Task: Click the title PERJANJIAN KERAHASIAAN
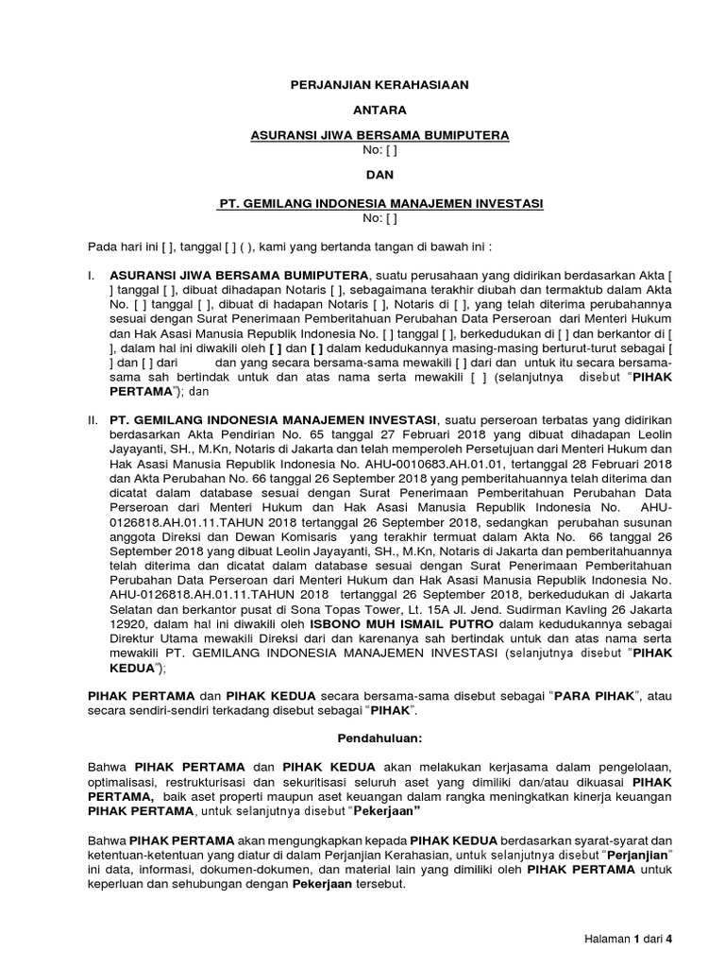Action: pyautogui.click(x=378, y=85)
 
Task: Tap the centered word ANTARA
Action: pyautogui.click(x=378, y=110)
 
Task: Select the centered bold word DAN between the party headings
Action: pyautogui.click(x=378, y=175)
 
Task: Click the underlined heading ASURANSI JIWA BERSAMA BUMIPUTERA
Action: pyautogui.click(x=378, y=136)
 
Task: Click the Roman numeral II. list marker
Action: pyautogui.click(x=90, y=418)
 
